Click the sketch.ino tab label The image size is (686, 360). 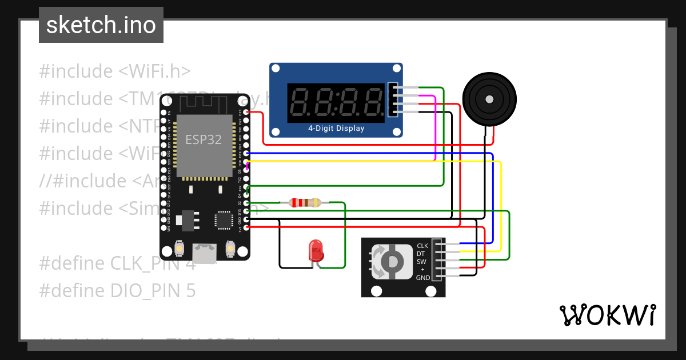(101, 25)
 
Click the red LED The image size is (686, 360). (316, 251)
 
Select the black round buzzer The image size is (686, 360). (489, 99)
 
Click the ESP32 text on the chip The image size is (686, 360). (204, 139)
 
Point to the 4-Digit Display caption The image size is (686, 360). (336, 129)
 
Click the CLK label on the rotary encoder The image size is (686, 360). (422, 246)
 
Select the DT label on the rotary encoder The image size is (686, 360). (421, 254)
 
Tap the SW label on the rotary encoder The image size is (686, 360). (421, 262)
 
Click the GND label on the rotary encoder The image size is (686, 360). (423, 278)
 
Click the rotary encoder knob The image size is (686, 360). (392, 262)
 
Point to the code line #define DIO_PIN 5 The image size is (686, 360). (117, 291)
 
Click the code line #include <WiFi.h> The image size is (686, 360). (114, 71)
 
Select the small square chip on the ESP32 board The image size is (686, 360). (223, 220)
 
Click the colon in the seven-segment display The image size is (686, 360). (336, 101)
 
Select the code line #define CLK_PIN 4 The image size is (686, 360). (117, 263)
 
